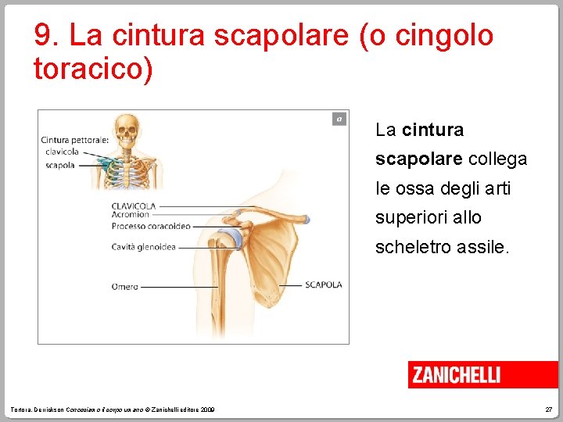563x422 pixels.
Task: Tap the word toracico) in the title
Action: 93,69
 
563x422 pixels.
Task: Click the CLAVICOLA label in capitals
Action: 134,206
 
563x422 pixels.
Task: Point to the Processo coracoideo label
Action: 151,227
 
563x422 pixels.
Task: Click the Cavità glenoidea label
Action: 143,247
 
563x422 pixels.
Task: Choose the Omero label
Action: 124,287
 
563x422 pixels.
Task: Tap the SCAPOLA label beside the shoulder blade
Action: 323,285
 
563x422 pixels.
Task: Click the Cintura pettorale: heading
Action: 75,141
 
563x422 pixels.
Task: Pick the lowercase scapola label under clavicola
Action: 60,166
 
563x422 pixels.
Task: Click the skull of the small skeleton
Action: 126,126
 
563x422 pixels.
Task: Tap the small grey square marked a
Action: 339,119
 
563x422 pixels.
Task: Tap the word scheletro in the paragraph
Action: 414,248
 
